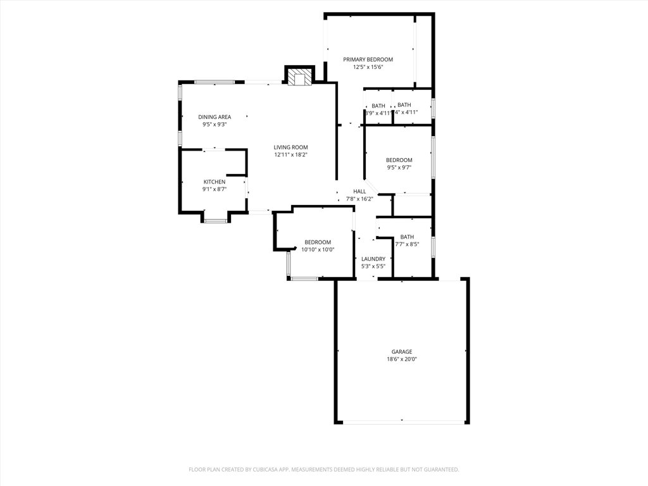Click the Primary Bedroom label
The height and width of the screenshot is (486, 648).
pos(368,59)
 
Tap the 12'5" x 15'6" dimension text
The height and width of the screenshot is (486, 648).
pos(368,67)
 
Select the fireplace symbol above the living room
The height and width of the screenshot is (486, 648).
pos(299,77)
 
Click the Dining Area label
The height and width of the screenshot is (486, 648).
pos(215,117)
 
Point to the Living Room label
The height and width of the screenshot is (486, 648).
pos(291,147)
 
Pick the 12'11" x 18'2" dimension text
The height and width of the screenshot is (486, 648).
pos(291,155)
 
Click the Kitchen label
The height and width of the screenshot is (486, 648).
pos(215,182)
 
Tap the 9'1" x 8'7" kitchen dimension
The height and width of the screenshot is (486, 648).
pos(215,189)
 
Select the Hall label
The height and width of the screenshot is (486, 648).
pos(359,192)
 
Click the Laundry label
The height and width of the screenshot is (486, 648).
pos(373,259)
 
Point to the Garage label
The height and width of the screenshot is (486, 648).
pos(402,352)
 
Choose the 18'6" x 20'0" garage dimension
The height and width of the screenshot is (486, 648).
pos(402,359)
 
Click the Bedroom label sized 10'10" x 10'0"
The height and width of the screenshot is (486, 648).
pos(318,242)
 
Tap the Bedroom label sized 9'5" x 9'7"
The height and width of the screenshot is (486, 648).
pos(399,160)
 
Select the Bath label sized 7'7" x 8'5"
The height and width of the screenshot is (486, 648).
pos(407,237)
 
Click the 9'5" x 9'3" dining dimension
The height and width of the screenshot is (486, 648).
pos(215,125)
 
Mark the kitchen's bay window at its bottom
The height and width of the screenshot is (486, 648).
pos(215,221)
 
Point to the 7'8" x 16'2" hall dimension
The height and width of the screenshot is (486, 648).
pos(359,199)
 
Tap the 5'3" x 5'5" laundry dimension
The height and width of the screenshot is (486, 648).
pos(373,266)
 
